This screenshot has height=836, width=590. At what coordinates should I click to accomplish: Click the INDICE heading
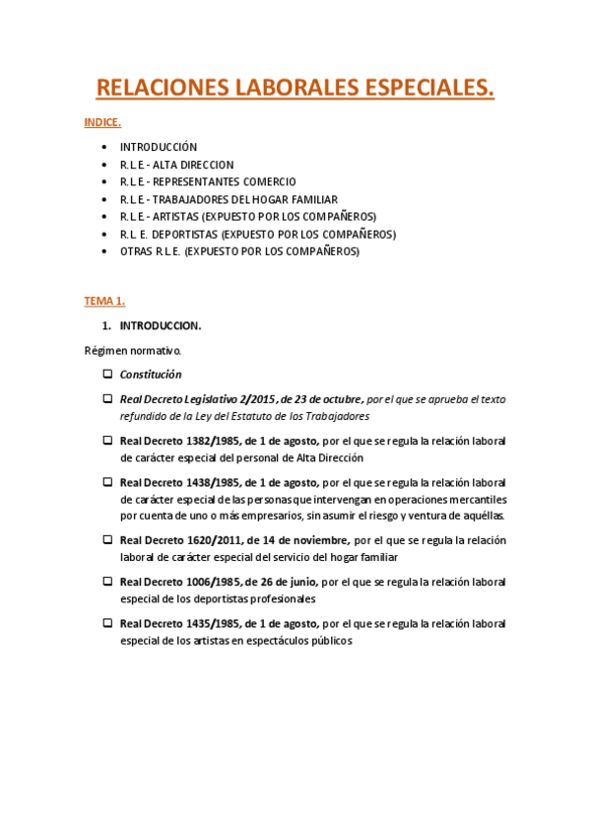click(102, 123)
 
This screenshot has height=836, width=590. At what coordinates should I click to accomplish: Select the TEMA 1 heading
click(104, 300)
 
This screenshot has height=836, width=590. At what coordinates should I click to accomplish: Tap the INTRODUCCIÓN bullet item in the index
click(159, 147)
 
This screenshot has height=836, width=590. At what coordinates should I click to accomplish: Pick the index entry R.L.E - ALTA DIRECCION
click(177, 165)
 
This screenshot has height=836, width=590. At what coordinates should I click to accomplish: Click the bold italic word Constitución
click(151, 375)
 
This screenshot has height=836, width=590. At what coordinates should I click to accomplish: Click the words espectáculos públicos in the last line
click(302, 640)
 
